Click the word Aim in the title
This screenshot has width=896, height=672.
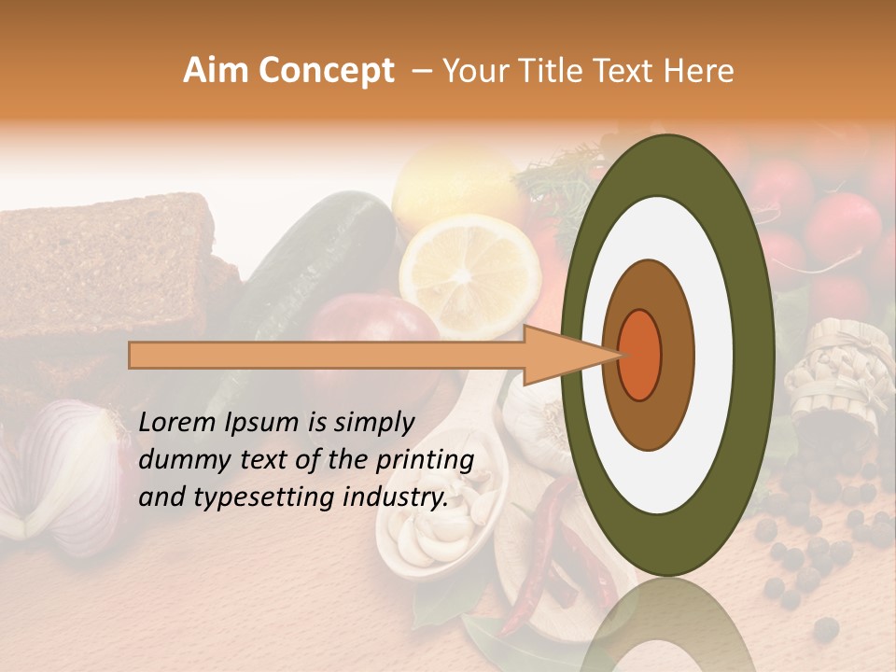217,71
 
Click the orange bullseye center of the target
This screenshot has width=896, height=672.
639,355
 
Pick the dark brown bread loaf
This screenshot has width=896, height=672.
103,261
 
